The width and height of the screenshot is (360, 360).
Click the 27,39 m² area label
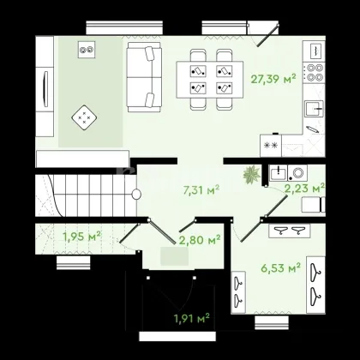tap(273, 79)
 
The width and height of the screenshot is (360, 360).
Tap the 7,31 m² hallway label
tap(201, 189)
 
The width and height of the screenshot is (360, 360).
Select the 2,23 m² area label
tap(304, 189)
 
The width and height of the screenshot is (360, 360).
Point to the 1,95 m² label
tap(81, 237)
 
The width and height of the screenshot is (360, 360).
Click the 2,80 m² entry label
tap(200, 240)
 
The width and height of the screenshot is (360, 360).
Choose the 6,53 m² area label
tap(280, 267)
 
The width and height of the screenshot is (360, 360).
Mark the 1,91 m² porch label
tap(192, 318)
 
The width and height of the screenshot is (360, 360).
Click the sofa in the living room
tap(144, 77)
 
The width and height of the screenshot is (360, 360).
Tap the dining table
tap(210, 80)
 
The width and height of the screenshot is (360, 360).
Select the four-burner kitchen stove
tap(314, 73)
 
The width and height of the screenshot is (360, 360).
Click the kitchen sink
tap(314, 109)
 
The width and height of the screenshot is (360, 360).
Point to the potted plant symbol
tap(252, 174)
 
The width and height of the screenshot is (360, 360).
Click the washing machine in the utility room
tap(297, 173)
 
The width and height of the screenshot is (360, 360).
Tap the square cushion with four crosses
tap(84, 117)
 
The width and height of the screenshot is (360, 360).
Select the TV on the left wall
tap(45, 89)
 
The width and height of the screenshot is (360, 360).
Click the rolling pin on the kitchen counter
tap(312, 129)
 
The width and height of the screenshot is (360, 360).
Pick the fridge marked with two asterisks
tap(271, 146)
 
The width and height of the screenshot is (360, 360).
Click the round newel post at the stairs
tap(136, 195)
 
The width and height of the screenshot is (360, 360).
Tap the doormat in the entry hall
tap(174, 256)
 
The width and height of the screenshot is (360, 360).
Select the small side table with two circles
tap(87, 50)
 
